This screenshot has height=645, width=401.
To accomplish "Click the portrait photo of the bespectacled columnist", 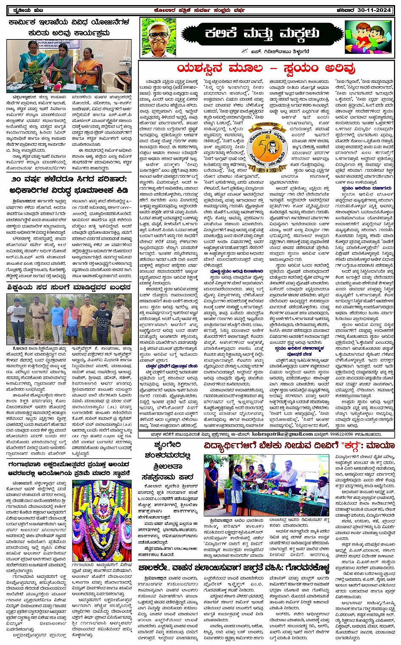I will tap(159, 37).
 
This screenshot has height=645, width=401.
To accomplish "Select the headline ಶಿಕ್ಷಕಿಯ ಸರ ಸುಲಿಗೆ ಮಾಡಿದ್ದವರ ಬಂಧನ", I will tap(69, 287).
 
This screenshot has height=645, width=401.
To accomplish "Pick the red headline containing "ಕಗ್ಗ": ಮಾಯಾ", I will tap(299, 446).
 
